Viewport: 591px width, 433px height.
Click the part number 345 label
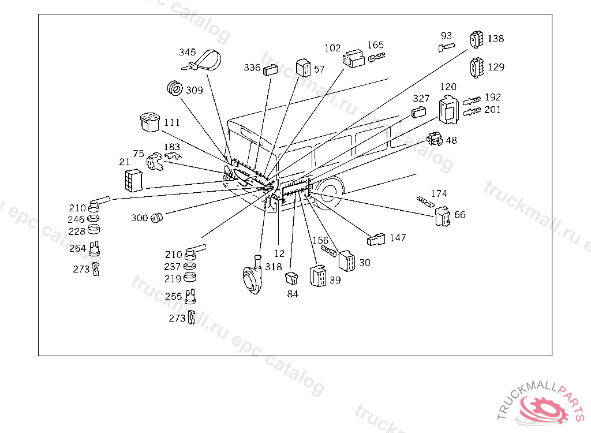(x=188, y=52)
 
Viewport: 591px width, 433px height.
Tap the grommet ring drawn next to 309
(x=174, y=88)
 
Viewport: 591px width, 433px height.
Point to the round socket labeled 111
(x=149, y=122)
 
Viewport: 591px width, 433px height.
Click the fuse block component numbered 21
(x=134, y=181)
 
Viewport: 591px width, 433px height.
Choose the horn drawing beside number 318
(x=253, y=275)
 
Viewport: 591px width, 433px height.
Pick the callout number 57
(x=319, y=69)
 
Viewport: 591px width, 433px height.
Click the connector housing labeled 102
(x=354, y=58)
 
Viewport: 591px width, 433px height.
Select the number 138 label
(x=496, y=39)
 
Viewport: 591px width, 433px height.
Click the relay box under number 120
(x=448, y=110)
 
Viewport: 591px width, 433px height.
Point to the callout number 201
(x=492, y=110)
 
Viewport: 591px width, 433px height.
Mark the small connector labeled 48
(x=434, y=139)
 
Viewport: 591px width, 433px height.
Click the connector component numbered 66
(x=443, y=216)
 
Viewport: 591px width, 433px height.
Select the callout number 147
(x=398, y=238)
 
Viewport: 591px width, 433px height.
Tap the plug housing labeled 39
(x=318, y=276)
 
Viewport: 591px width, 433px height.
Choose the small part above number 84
(x=291, y=278)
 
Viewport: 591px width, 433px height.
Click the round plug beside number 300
(x=156, y=218)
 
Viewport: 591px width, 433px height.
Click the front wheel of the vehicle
(x=328, y=193)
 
